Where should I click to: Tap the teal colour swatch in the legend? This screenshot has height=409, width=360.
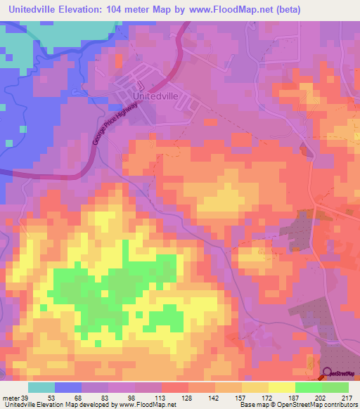point(41,387)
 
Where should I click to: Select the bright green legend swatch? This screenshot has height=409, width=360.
point(309,387)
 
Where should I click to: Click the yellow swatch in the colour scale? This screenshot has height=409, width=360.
point(282,387)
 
